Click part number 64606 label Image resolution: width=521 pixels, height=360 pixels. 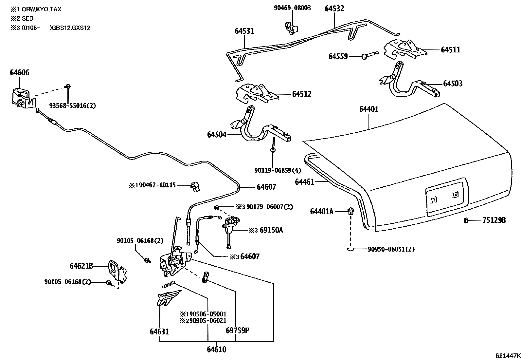point(19,72)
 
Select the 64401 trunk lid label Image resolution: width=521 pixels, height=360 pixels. point(369,109)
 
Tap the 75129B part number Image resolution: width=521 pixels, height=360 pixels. point(494,220)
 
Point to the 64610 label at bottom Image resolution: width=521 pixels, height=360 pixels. point(216,350)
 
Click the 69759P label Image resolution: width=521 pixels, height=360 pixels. point(237,330)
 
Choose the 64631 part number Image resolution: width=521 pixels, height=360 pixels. point(159,332)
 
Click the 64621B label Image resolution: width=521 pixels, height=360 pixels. point(81,266)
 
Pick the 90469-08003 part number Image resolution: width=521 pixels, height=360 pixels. point(292,8)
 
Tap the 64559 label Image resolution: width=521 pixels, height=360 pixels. point(338,57)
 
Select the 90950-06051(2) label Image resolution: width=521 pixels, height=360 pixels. point(391,249)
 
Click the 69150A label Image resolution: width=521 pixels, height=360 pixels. point(271,230)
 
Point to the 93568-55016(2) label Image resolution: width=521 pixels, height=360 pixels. point(73,105)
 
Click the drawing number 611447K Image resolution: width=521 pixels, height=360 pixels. point(507,355)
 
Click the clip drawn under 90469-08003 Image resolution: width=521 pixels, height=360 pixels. point(291,28)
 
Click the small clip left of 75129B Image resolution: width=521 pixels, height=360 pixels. point(465,220)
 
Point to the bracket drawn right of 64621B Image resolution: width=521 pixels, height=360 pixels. point(117,271)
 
